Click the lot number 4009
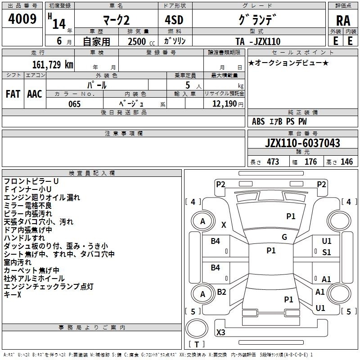22,19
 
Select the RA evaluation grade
343,21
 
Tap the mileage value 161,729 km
53,65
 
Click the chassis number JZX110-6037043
302,143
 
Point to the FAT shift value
13,94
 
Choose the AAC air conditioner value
35,94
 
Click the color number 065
74,104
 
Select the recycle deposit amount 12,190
224,103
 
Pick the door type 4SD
174,20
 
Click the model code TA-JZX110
258,41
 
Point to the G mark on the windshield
284,237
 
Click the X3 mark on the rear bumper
220,332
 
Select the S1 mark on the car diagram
327,252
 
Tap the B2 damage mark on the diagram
221,292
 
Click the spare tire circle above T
197,328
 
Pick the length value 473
273,162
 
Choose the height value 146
346,162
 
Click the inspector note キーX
13,294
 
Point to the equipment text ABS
258,121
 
